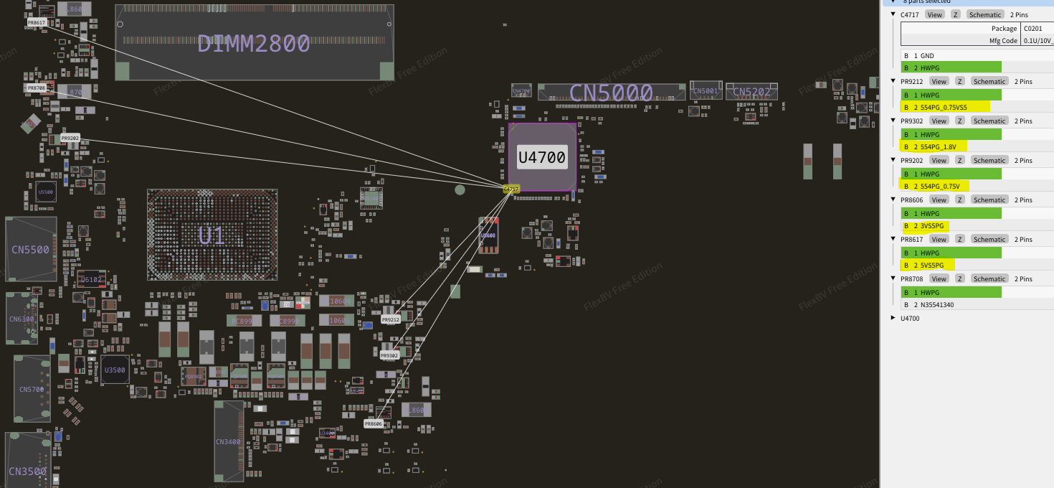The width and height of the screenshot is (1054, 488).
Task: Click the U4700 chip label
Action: pos(541,157)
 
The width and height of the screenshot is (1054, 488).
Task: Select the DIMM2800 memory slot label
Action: pos(253,44)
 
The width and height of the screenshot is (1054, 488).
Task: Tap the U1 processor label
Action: pos(212,235)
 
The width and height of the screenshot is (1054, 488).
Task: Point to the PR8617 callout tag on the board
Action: pos(37,23)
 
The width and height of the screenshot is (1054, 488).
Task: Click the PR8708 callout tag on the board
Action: pos(36,88)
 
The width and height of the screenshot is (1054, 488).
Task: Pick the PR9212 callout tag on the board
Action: pos(390,319)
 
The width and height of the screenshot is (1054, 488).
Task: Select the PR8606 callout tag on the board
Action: pos(374,424)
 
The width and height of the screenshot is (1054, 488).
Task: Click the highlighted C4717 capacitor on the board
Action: pos(511,189)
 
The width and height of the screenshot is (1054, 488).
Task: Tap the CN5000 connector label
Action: pos(611,93)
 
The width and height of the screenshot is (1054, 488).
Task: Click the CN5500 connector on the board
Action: pos(31,250)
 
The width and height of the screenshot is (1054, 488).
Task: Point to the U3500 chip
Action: pos(115,370)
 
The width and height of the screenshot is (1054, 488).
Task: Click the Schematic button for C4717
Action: pos(984,14)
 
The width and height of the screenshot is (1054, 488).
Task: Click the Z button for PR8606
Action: pos(959,200)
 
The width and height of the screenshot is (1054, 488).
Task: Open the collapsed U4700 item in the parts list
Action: pos(893,317)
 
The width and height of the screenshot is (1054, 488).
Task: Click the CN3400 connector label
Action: pos(228,441)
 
